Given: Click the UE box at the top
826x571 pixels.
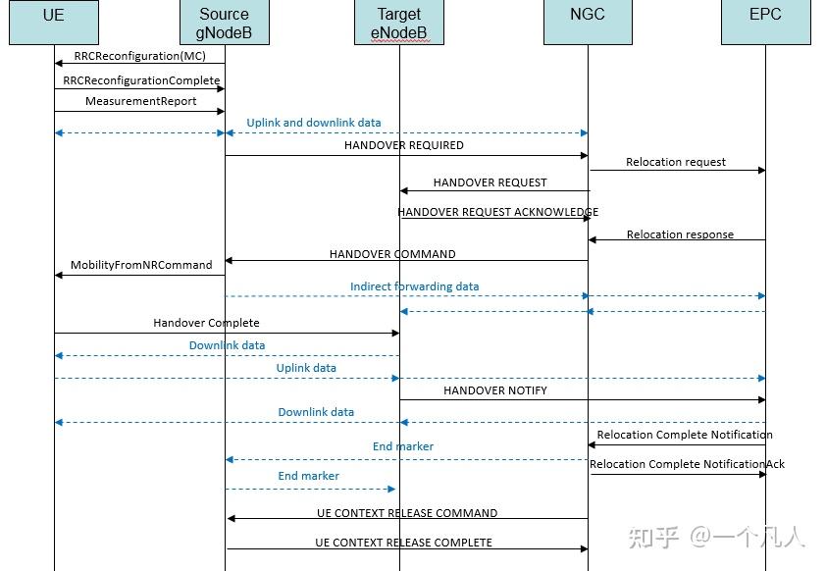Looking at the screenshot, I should [54, 23].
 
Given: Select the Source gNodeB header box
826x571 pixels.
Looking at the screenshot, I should [225, 23].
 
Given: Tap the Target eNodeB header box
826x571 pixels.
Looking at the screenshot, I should [398, 23].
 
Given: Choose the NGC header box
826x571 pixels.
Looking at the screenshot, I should [588, 23].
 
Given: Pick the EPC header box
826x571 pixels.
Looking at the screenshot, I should [765, 23].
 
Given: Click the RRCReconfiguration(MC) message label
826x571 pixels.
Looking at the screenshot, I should [140, 56].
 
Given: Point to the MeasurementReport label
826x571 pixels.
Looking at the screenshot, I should [140, 101].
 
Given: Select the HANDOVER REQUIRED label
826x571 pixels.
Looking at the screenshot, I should [403, 145].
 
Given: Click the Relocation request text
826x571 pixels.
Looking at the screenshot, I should [676, 162].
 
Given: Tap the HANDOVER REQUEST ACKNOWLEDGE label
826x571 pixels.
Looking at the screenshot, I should [497, 212].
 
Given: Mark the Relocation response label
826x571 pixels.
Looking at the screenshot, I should [679, 234].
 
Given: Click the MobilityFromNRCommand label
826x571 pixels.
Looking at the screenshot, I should [141, 265].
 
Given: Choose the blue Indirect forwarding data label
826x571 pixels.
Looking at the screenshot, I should [414, 286].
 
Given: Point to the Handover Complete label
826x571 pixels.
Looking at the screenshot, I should [206, 323].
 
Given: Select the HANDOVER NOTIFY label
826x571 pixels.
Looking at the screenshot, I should [494, 390].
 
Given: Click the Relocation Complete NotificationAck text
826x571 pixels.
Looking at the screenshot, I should [687, 464].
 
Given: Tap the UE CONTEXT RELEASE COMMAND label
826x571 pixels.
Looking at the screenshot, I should [406, 513].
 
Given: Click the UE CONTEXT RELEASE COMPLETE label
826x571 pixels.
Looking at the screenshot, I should [403, 543].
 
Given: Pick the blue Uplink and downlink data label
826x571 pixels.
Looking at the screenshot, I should [313, 123].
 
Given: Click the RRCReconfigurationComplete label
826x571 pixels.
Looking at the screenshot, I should [141, 80].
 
